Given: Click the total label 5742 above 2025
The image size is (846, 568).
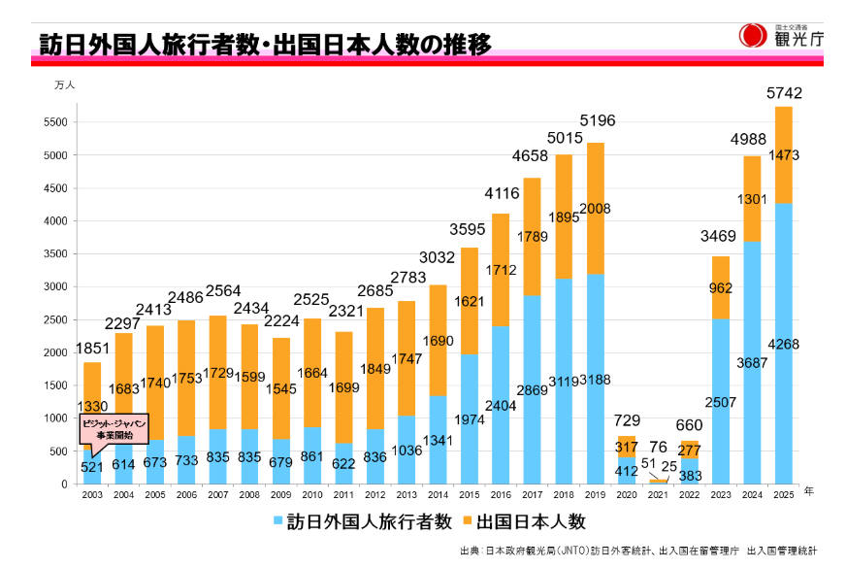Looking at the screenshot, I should coord(784,93).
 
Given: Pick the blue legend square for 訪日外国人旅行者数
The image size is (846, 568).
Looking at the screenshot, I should coord(278,521).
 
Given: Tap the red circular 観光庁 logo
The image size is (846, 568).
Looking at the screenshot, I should coord(752,36).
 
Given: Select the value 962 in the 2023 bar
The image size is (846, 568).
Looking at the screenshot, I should coord(720,288).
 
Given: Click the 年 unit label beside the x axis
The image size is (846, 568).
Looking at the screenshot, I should coord(809,491).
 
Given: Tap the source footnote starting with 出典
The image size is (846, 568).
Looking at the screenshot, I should coord(637,550).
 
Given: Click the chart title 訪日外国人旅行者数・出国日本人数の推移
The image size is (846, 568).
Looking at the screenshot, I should coord(265,46).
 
